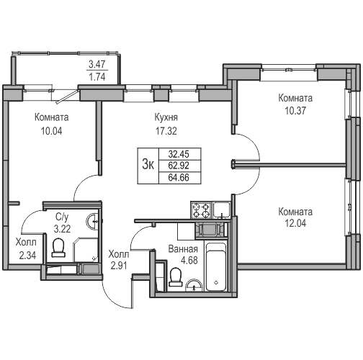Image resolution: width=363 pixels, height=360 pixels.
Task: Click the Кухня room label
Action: [166, 117]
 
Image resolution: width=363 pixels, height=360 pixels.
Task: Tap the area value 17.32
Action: [166, 132]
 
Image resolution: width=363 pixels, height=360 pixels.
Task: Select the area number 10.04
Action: [50, 132]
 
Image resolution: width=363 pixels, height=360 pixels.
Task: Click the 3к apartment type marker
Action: [149, 164]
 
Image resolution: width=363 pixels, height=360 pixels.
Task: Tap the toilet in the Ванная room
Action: [174, 276]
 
